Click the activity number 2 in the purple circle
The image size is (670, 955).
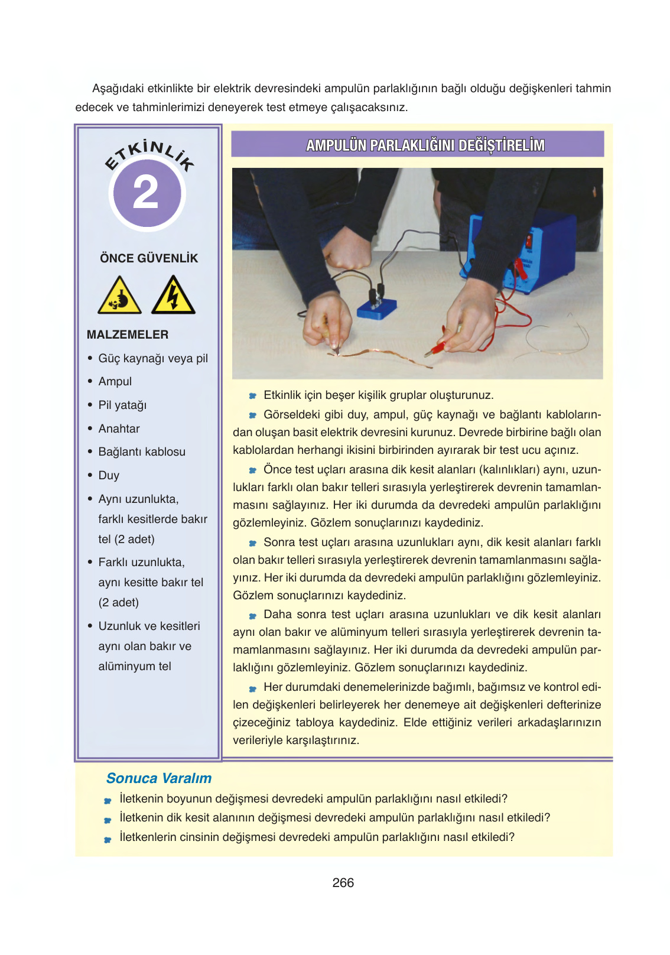(147, 193)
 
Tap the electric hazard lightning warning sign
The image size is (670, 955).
(173, 296)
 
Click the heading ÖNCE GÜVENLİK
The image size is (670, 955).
(149, 258)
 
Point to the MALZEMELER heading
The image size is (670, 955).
(128, 334)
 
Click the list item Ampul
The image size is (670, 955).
(115, 382)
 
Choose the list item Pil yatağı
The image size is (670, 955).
(122, 405)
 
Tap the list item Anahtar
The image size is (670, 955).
(119, 428)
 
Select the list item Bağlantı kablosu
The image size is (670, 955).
(142, 452)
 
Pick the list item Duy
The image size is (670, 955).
(109, 476)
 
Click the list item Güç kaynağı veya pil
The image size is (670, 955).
(153, 359)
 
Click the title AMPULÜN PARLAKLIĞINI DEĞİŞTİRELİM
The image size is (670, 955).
(425, 145)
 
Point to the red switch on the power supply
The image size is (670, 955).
(529, 240)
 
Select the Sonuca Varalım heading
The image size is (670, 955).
(159, 778)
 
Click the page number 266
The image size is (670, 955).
(343, 883)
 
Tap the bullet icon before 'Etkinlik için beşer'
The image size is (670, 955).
(252, 396)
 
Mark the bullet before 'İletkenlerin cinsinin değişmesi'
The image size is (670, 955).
(108, 839)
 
